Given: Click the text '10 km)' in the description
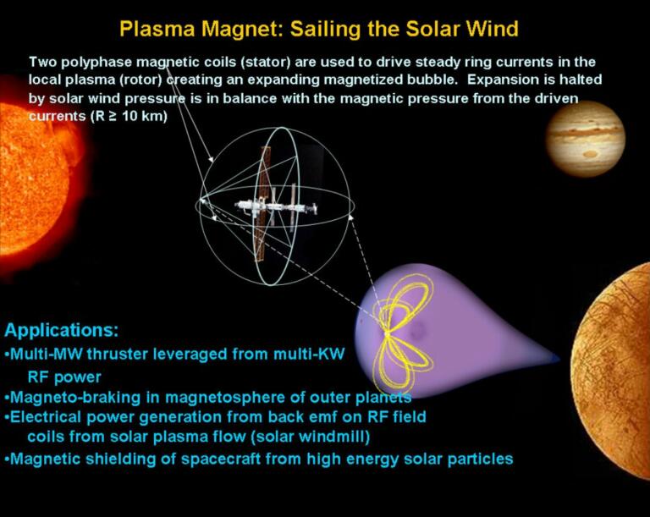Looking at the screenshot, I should (x=147, y=116).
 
